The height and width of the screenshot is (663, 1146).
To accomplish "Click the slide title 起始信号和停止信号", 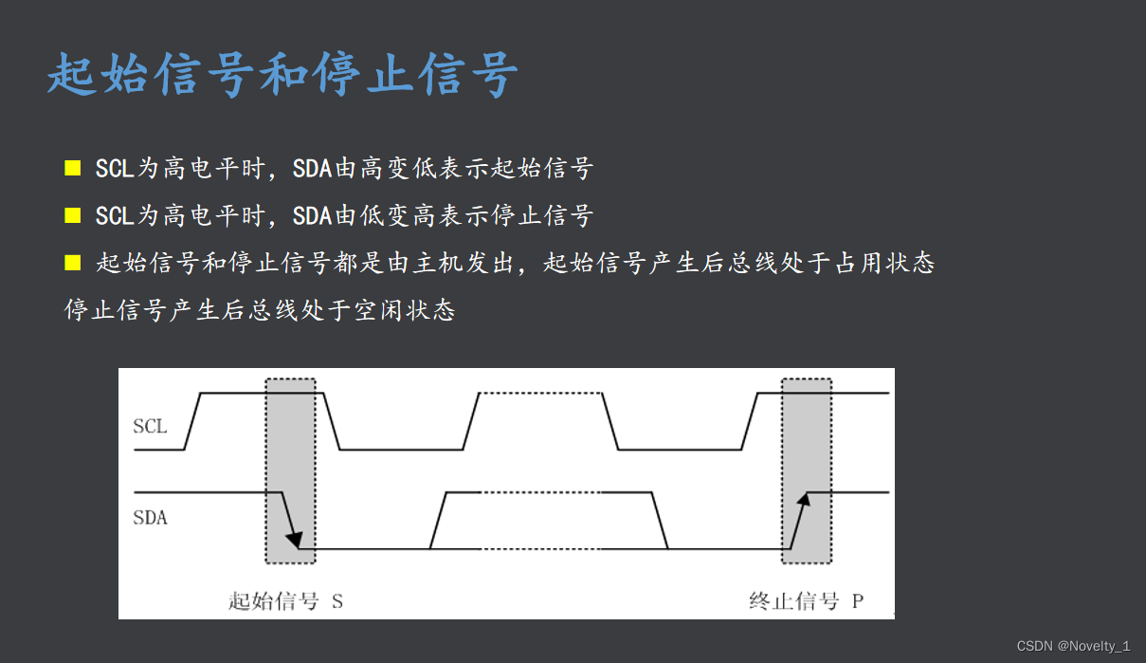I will click(x=282, y=74).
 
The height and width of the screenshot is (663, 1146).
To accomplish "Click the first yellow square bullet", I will click(x=73, y=168).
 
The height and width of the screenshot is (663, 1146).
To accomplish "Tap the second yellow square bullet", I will click(x=73, y=215).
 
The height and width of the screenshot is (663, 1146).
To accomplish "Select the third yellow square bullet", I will click(x=73, y=263).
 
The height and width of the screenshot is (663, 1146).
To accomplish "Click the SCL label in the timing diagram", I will click(x=150, y=427).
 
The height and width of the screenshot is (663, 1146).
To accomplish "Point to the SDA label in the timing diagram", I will click(x=150, y=518).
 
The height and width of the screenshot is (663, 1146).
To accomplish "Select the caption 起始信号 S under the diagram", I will click(x=285, y=601).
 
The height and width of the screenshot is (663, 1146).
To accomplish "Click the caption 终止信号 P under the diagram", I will click(x=806, y=601).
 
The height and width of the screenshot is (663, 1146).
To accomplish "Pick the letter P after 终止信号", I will click(x=857, y=601).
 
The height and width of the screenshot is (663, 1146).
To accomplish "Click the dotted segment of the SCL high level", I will click(x=540, y=393).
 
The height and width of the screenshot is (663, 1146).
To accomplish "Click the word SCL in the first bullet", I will click(x=114, y=169).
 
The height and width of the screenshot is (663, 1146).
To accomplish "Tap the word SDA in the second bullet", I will click(x=312, y=216).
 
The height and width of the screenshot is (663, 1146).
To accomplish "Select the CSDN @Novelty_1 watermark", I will click(x=1073, y=646).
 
